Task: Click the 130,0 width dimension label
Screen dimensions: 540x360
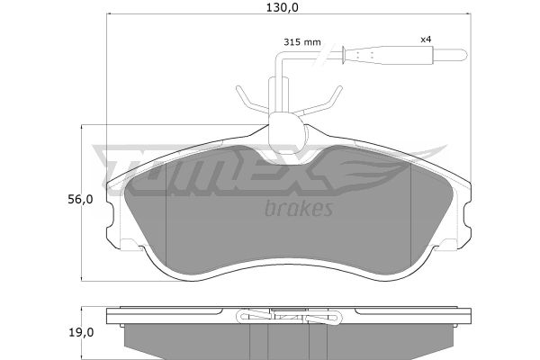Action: click(282, 7)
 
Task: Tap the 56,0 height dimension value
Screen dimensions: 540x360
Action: click(80, 200)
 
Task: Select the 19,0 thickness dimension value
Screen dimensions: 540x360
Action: click(81, 333)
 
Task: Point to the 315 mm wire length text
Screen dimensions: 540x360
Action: click(302, 42)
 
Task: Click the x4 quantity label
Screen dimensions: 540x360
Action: click(426, 40)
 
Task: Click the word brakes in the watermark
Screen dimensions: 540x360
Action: click(299, 208)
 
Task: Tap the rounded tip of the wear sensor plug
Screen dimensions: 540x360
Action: click(463, 54)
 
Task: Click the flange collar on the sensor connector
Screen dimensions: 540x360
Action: click(343, 55)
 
